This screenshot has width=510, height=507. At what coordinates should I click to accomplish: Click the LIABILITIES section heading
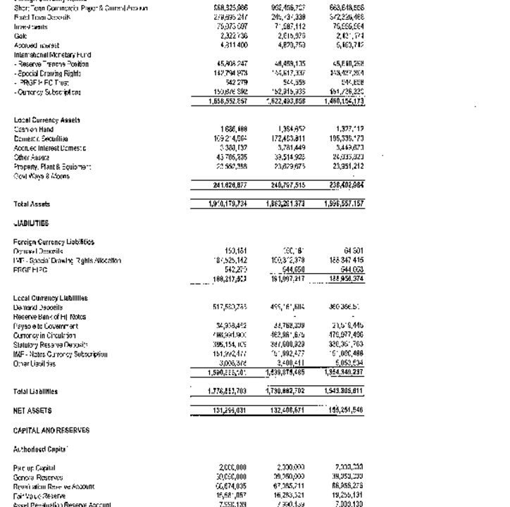click(x=32, y=223)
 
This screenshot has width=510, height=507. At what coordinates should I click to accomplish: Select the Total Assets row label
click(x=32, y=204)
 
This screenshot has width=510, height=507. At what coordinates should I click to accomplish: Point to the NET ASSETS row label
click(x=32, y=411)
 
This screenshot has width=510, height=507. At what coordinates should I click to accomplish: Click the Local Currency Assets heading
click(x=47, y=120)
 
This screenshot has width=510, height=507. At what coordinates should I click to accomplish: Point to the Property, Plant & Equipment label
click(x=52, y=167)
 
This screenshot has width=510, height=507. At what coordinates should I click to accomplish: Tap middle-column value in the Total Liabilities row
click(x=286, y=392)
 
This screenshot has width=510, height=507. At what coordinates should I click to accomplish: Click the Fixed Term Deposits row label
click(x=42, y=18)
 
